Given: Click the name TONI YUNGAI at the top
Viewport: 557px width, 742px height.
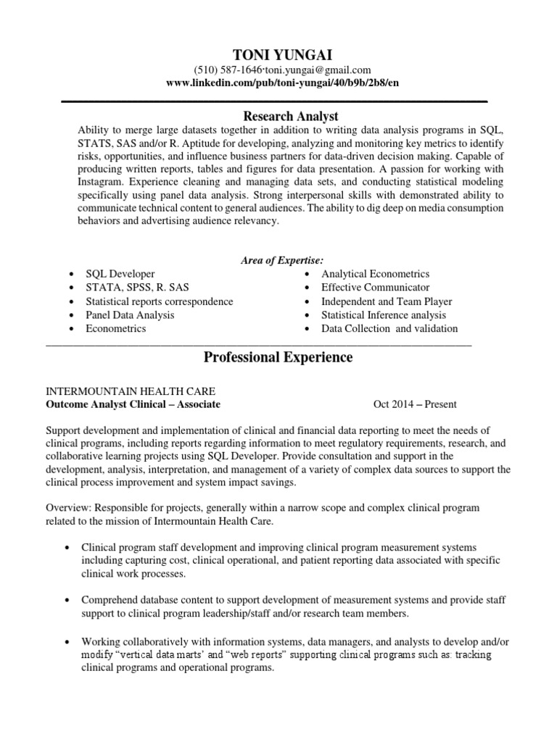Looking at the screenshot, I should [x=278, y=54].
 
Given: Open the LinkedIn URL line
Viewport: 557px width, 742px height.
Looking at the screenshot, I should [x=283, y=83].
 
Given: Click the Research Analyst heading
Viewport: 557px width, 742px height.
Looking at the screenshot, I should [x=280, y=116].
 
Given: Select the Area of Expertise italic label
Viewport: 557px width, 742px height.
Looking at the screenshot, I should [x=282, y=260].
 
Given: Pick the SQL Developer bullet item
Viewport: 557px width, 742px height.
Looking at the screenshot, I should [x=120, y=274].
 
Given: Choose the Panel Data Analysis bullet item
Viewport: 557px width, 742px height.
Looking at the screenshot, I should [x=130, y=315].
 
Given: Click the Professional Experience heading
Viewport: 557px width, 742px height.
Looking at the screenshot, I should [x=278, y=357].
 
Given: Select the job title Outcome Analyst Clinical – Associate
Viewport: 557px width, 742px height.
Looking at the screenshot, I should [x=133, y=404].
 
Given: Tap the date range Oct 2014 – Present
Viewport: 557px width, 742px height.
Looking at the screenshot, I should [x=415, y=404].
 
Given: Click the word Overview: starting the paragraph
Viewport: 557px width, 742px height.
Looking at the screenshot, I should [x=69, y=508].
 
